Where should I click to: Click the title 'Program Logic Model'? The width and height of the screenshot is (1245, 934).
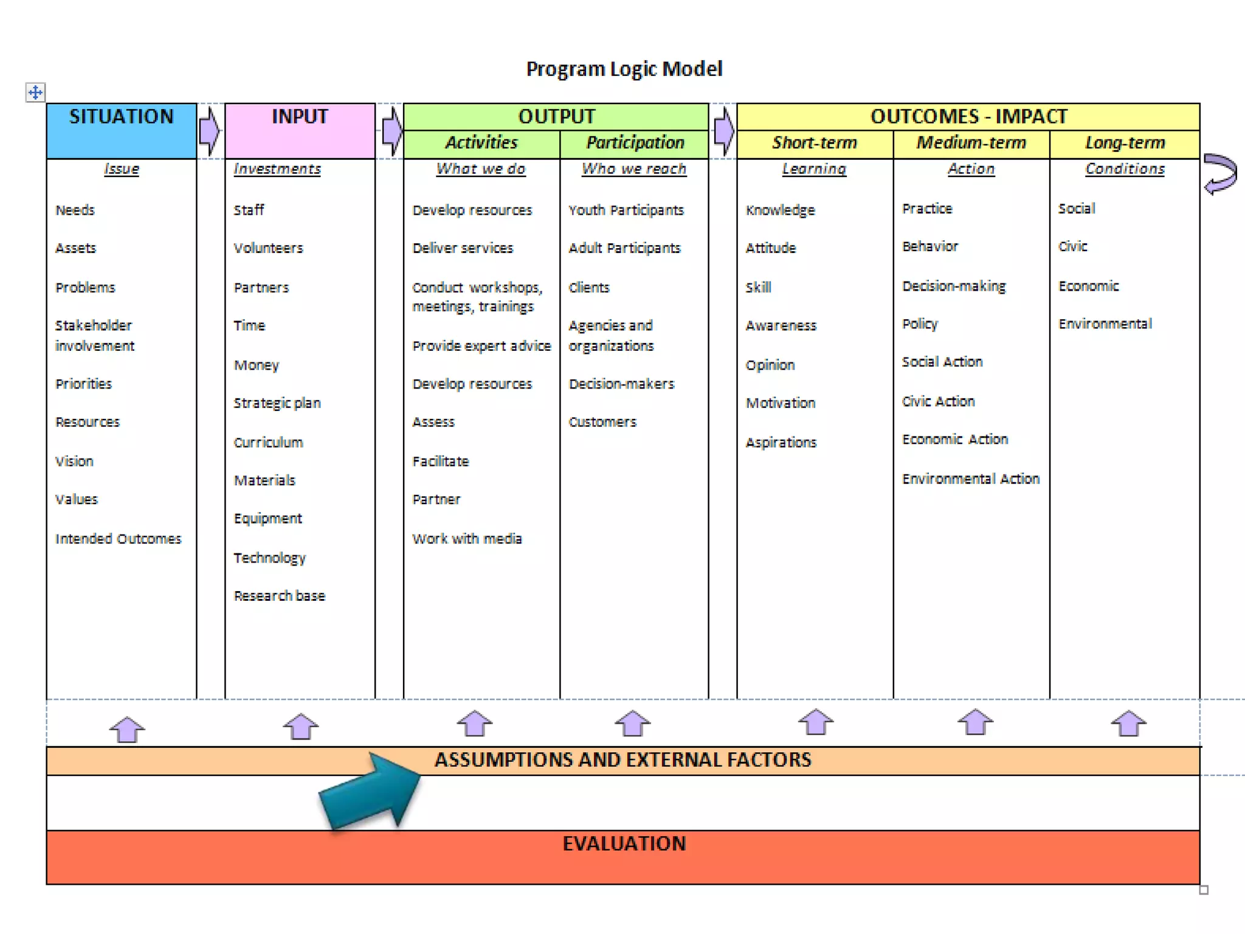coord(624,69)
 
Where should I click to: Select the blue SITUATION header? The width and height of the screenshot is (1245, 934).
coord(122,130)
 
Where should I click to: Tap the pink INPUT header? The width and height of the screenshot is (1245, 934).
coord(300,130)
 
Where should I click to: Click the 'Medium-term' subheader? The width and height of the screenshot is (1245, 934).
coord(971,143)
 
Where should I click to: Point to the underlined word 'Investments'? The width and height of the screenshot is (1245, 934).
coord(277,169)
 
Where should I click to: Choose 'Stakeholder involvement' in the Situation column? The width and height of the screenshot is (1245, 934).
coord(94,336)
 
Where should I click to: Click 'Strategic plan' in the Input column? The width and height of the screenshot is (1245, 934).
coord(277,403)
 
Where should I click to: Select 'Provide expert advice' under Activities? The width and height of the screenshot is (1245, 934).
coord(481,346)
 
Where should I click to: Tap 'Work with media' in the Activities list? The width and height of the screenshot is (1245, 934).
coord(467,539)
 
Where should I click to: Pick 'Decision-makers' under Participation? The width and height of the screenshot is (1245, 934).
coord(621,384)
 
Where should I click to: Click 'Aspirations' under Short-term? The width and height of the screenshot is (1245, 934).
coord(781,443)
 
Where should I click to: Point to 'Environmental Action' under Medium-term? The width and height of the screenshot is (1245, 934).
coord(971,479)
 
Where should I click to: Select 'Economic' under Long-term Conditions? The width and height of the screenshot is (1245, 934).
coord(1088,286)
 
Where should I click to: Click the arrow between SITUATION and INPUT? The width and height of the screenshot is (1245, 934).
coord(209,131)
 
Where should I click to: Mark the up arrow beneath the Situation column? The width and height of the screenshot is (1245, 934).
coord(127,729)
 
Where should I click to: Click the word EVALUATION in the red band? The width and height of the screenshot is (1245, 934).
coord(624,843)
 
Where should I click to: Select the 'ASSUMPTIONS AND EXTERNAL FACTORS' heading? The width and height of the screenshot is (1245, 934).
coord(622,760)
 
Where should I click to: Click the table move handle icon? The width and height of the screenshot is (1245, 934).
coord(35,92)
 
